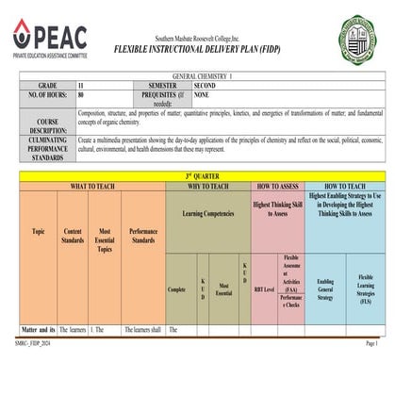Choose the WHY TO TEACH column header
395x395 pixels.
click(x=207, y=186)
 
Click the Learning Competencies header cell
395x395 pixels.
click(x=207, y=216)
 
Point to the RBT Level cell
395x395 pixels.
click(x=264, y=289)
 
